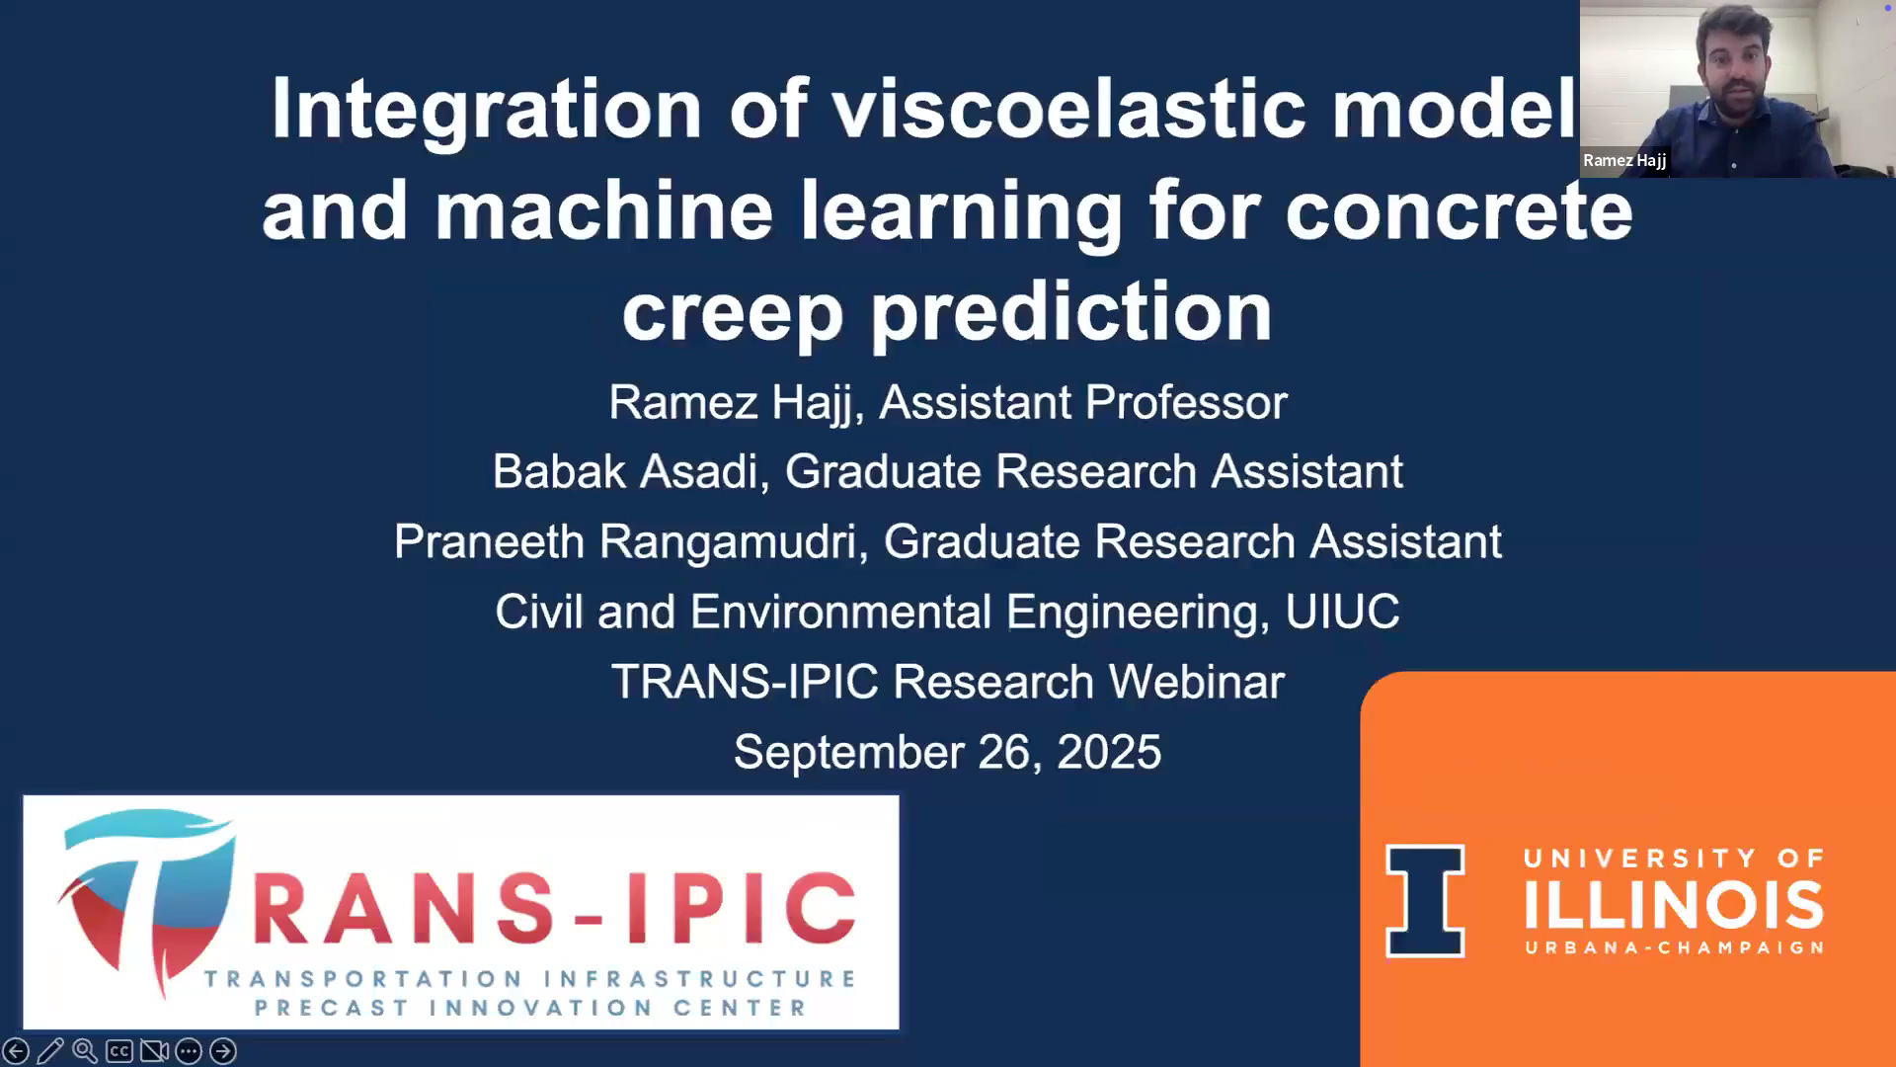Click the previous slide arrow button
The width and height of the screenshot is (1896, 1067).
pos(16,1051)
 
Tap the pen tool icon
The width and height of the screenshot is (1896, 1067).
pos(50,1051)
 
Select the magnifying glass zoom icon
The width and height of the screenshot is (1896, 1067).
pos(85,1051)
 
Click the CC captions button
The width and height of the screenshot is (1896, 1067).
pos(119,1051)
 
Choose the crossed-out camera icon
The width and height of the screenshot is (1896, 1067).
pos(154,1051)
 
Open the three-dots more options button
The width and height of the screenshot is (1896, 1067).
pos(189,1051)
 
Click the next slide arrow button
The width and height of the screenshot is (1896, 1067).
pos(223,1051)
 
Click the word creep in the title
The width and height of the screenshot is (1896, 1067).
pos(732,313)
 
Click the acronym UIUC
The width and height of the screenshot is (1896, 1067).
pos(1342,612)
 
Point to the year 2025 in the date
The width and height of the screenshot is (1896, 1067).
pos(1109,752)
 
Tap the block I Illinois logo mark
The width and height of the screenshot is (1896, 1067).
pos(1425,901)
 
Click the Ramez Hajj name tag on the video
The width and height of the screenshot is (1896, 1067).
pos(1624,160)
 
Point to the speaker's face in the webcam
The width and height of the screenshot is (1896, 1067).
pos(1733,61)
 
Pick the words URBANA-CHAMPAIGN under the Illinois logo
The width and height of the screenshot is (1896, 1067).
pos(1674,947)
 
